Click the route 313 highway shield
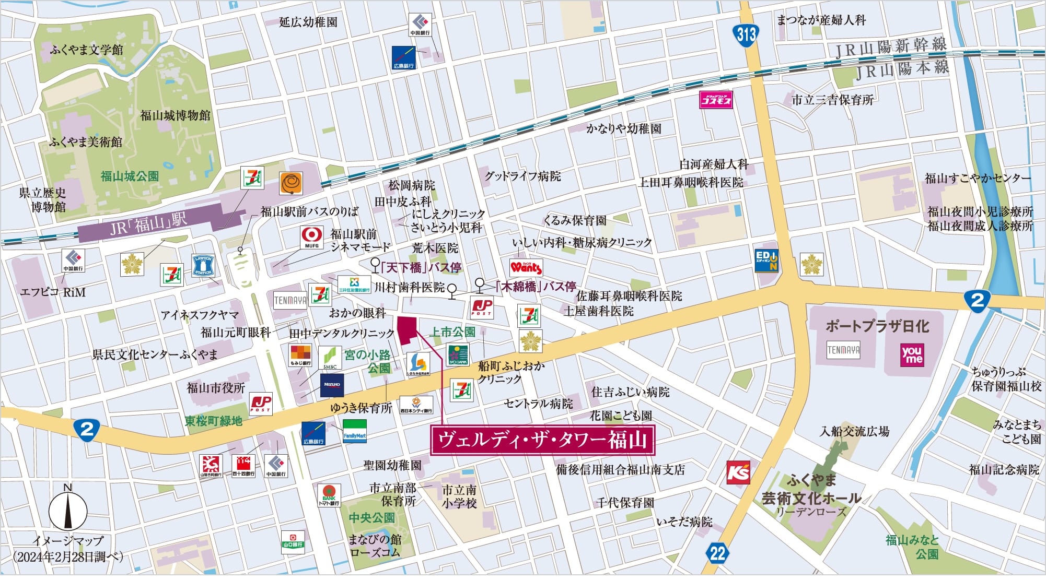tap(746, 34)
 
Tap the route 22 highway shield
tap(718, 553)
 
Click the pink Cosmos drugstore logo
tap(716, 100)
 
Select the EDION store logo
tap(766, 260)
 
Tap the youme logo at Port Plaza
tap(912, 354)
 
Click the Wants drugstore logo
tap(526, 267)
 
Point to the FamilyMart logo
tap(354, 431)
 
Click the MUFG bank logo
tap(311, 238)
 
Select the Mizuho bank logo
tap(332, 385)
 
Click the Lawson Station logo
tap(203, 265)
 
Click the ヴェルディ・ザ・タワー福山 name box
tap(542, 440)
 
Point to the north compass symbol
tap(68, 510)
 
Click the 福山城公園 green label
tap(130, 176)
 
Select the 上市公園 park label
tap(452, 332)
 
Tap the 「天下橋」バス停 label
tap(421, 268)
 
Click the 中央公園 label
tap(371, 518)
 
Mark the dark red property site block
tap(408, 330)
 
